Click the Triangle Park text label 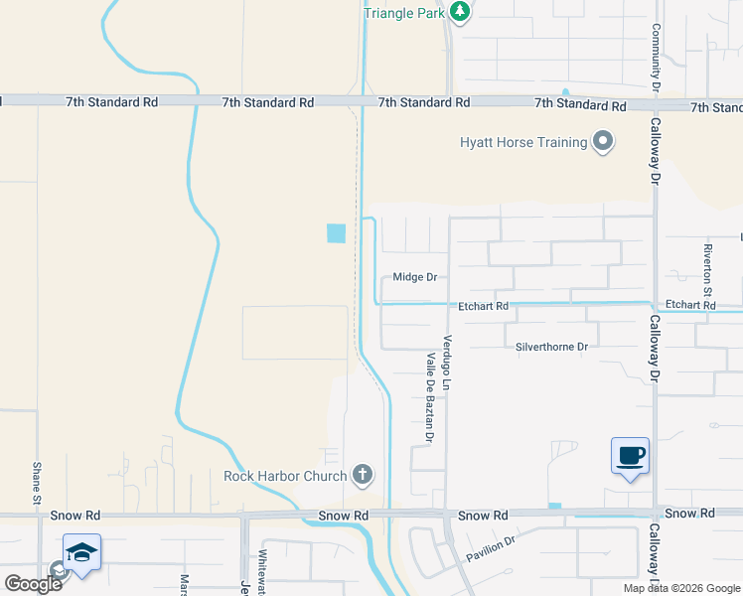[x=404, y=13]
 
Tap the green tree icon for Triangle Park [x=459, y=12]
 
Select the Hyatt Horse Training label [x=523, y=142]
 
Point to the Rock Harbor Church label [x=285, y=476]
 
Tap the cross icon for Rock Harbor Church [x=363, y=475]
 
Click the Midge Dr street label [x=415, y=278]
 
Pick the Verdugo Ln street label [x=448, y=362]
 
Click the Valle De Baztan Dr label [x=431, y=397]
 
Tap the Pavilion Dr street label [x=492, y=548]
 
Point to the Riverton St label [x=708, y=269]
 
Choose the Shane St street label [x=37, y=483]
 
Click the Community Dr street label [x=657, y=58]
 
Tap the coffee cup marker [x=630, y=456]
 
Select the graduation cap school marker [x=81, y=552]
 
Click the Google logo [x=33, y=583]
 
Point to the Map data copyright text [x=681, y=588]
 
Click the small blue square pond [x=336, y=233]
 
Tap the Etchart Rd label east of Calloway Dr [x=690, y=305]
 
